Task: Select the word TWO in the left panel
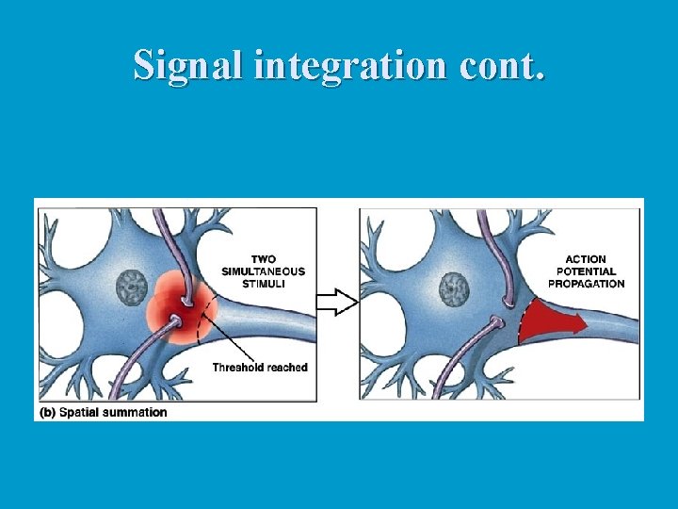(x=264, y=259)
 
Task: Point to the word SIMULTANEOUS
(x=264, y=271)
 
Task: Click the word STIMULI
(x=264, y=284)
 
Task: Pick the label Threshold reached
(x=260, y=368)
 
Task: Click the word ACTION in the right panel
(x=586, y=259)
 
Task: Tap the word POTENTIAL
(x=586, y=271)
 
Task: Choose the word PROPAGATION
(x=586, y=284)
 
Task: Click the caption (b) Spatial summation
(x=104, y=412)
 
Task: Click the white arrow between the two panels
(x=337, y=302)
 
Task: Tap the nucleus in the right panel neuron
(x=456, y=287)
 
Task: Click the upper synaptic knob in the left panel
(x=188, y=300)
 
